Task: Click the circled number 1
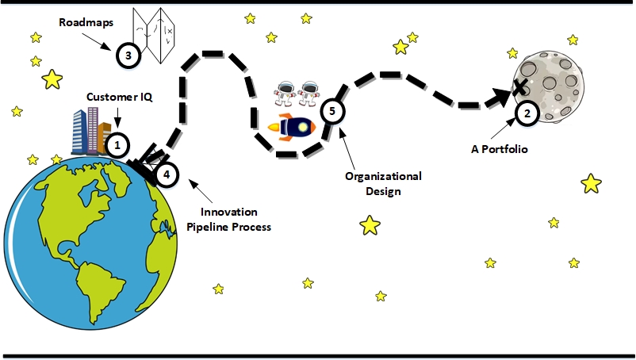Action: (117, 145)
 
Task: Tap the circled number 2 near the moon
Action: (527, 113)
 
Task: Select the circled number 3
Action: (128, 56)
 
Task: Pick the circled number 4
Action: (167, 174)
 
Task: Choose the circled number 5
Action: (332, 111)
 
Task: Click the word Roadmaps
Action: (86, 22)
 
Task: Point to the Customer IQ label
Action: (119, 97)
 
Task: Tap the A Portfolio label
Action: (500, 149)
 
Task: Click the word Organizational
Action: (383, 176)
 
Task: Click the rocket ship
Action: (292, 128)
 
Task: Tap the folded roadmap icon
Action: (154, 36)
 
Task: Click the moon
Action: (549, 86)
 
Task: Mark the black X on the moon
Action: (519, 87)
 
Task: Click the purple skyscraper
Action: (93, 131)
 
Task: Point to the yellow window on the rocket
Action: (303, 128)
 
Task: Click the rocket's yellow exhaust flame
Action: (274, 128)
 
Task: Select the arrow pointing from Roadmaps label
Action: (97, 41)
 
